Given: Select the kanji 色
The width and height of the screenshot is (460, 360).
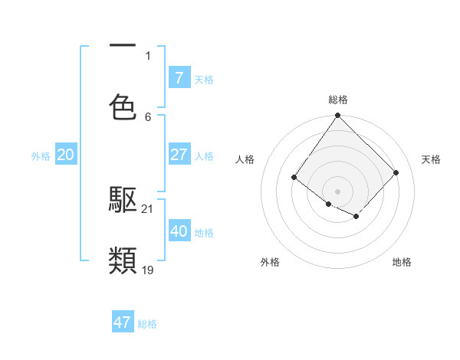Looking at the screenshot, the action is coord(123,106).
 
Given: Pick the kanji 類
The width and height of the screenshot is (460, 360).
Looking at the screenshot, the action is coord(123,261).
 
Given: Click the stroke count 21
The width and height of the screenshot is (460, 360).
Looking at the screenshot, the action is coord(148,208).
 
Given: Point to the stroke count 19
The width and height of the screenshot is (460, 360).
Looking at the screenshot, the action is coord(148,270).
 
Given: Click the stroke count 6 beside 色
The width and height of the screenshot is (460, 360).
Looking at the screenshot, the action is coord(148,116).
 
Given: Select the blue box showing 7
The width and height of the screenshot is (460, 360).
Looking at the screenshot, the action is coord(179,77).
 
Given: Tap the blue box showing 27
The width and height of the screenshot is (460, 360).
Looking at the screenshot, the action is coord(179,155).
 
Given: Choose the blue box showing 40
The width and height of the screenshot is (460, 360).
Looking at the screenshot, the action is coord(179,231).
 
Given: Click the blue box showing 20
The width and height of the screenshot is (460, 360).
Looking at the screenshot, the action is coord(66,155).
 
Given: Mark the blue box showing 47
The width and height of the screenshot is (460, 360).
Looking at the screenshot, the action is coord(123,322).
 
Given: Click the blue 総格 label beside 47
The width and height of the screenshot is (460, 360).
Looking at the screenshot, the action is coord(147,324).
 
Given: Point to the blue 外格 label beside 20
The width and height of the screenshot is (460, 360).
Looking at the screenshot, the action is coord(41,156).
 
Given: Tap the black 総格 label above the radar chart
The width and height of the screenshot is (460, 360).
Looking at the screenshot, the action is coord(338,100).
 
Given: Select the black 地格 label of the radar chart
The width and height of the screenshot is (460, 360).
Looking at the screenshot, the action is coord(402,262).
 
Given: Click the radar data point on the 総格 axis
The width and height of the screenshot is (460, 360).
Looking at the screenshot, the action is coord(337,116).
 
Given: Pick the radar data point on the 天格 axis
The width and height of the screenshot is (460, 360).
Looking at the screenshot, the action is coord(396,172).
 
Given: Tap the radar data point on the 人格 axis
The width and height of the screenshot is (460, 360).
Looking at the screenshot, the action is coord(294,178).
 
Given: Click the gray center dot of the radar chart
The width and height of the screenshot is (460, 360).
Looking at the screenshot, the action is coord(337,191).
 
